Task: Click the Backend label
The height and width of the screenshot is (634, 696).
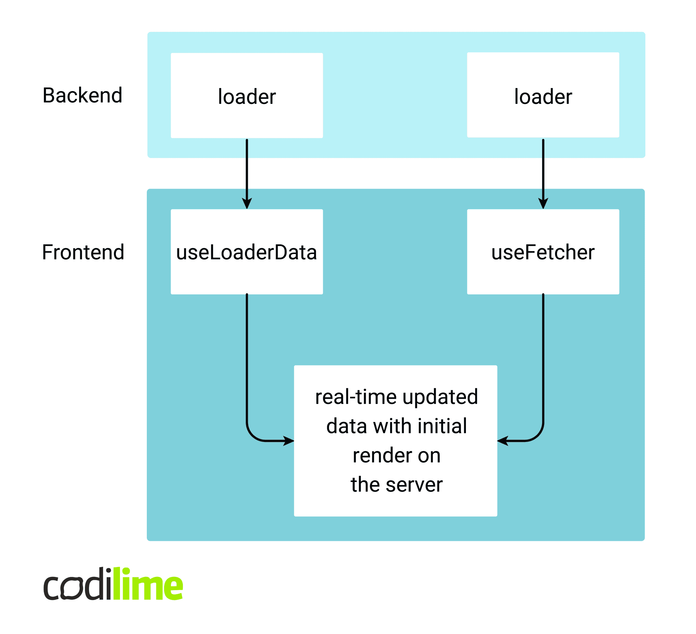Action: [x=83, y=96]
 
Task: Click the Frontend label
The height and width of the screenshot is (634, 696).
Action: [x=83, y=253]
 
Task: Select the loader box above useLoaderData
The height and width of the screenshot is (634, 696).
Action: [x=247, y=96]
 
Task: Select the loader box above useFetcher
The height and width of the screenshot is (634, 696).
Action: [x=543, y=95]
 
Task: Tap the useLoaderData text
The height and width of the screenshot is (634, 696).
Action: [x=247, y=253]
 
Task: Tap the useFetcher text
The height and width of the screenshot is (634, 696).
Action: [x=543, y=253]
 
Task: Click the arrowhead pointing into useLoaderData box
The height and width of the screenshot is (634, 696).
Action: [x=247, y=204]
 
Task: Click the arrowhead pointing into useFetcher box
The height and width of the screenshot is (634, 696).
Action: [x=543, y=204]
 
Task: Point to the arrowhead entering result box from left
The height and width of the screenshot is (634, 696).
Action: [x=289, y=441]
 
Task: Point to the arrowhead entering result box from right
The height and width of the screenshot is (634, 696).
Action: [x=503, y=441]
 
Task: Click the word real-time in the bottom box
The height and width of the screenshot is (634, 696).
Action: [x=355, y=397]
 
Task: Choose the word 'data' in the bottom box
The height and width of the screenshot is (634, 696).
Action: [x=346, y=426]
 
